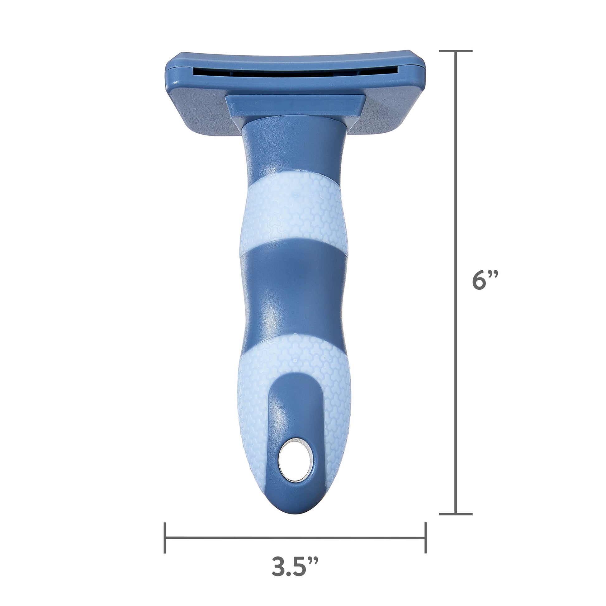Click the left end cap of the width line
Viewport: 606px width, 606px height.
click(x=165, y=537)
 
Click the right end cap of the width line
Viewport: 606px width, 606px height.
click(x=425, y=537)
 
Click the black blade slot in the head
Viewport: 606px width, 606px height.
click(x=295, y=72)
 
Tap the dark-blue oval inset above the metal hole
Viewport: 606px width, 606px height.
click(x=295, y=417)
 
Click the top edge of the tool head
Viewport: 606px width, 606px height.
click(x=295, y=56)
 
